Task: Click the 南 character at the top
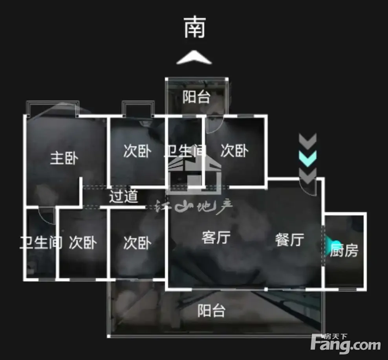pyautogui.click(x=195, y=28)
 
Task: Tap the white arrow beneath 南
pyautogui.click(x=194, y=58)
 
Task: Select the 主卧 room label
pyautogui.click(x=64, y=158)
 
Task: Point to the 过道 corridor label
pyautogui.click(x=124, y=196)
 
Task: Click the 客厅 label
pyautogui.click(x=216, y=237)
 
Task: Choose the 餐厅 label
pyautogui.click(x=289, y=239)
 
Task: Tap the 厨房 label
pyautogui.click(x=344, y=250)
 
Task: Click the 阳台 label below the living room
pyautogui.click(x=211, y=311)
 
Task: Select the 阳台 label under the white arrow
pyautogui.click(x=196, y=97)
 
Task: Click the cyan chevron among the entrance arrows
pyautogui.click(x=307, y=158)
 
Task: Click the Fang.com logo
pyautogui.click(x=346, y=344)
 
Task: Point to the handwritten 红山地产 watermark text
pyautogui.click(x=194, y=206)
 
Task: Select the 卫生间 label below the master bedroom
pyautogui.click(x=41, y=242)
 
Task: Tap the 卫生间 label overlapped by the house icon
pyautogui.click(x=185, y=151)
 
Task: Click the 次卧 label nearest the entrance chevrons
pyautogui.click(x=234, y=151)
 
